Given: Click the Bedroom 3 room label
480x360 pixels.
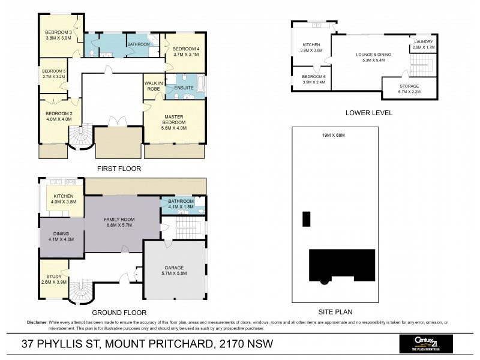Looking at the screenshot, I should (x=58, y=32).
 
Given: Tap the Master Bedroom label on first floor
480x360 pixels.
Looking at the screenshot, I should (x=174, y=118).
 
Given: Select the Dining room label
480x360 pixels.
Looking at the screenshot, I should (x=61, y=233).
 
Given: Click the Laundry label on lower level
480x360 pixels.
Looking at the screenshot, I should (x=423, y=41).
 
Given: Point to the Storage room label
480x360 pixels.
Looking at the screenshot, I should (x=409, y=86).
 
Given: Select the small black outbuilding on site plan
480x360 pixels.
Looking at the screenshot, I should (x=307, y=218).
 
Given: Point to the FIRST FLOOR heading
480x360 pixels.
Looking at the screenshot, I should (x=119, y=169).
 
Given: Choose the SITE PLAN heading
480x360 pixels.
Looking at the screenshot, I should (x=335, y=311).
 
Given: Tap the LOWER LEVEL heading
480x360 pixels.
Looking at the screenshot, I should (x=369, y=112).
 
